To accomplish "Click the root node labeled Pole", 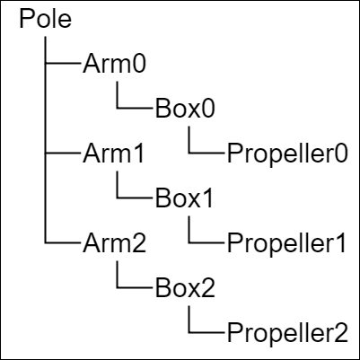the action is [46, 19].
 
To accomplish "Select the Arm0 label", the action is [114, 64].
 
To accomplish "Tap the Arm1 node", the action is [114, 154].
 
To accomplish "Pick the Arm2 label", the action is [114, 243].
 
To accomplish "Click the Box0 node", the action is [185, 109].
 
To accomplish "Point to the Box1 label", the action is [184, 198].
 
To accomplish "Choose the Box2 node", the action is [185, 288].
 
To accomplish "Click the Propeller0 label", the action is [287, 155].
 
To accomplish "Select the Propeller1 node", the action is [286, 245].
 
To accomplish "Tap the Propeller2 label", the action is [287, 335].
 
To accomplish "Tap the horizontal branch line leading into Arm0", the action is [63, 63].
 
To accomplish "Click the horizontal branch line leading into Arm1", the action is [63, 153].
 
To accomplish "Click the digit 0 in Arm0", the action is [140, 64].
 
